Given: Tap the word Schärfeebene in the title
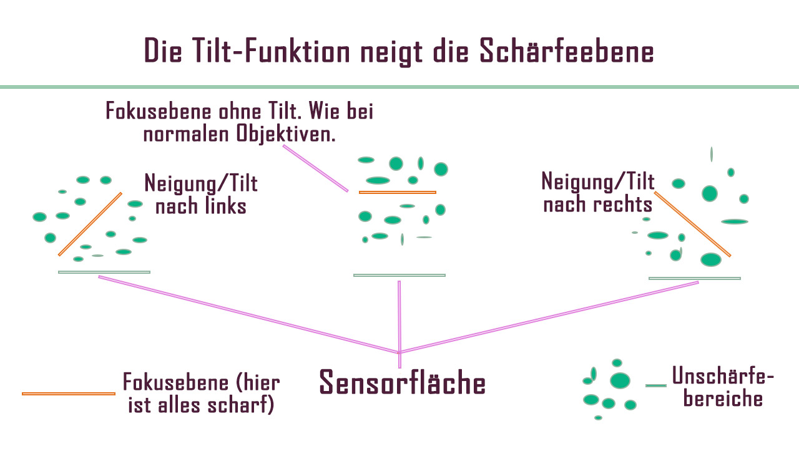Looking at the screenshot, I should (x=567, y=51).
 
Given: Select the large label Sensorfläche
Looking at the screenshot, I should (x=402, y=382).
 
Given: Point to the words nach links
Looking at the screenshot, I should (x=200, y=206).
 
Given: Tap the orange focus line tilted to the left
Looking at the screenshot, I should (x=90, y=224).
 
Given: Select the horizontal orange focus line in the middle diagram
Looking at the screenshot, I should (x=397, y=193).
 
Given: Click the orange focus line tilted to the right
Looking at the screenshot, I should (x=692, y=224).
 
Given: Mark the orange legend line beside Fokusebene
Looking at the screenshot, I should (x=69, y=393).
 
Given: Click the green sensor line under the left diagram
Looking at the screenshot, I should (x=104, y=273).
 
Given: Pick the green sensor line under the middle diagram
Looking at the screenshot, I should (x=399, y=275).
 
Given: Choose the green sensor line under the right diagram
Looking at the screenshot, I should (x=695, y=278).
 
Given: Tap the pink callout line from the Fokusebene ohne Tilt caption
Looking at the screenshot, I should (x=315, y=168).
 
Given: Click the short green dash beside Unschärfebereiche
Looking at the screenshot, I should (x=655, y=385).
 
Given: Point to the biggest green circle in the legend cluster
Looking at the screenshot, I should (x=619, y=380).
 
